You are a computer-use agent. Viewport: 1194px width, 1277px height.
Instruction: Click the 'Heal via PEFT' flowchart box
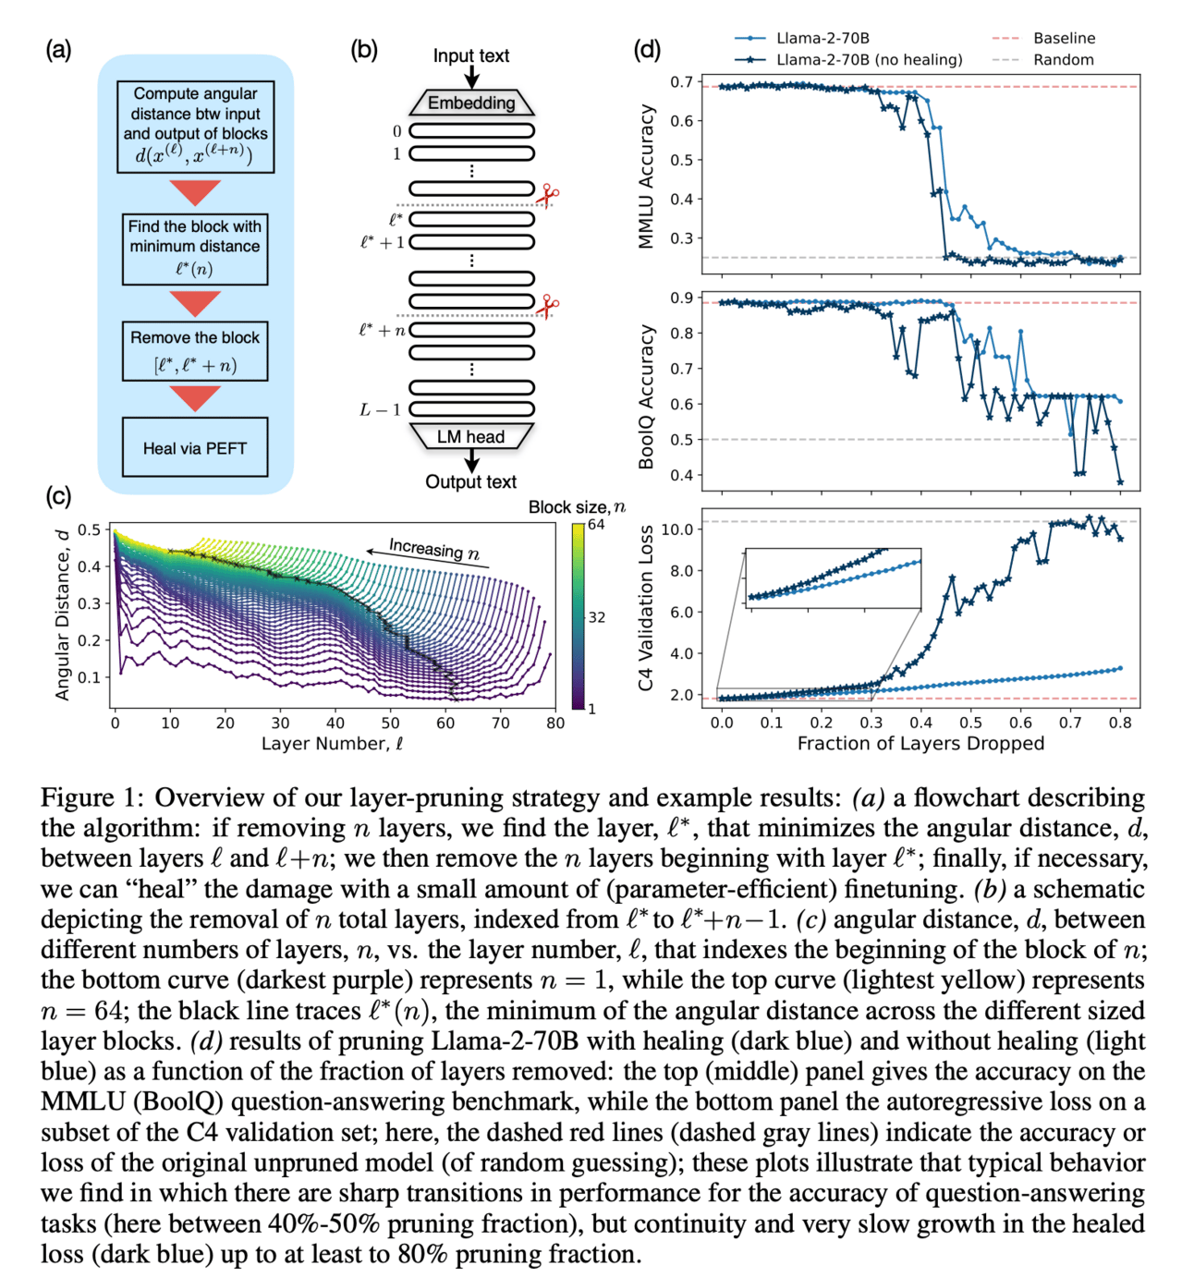click(195, 448)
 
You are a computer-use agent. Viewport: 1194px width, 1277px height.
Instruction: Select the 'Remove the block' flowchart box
click(195, 351)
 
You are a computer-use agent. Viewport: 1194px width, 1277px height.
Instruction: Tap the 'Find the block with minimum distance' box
click(195, 248)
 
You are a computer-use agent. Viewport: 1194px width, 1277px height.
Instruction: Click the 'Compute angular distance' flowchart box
click(195, 126)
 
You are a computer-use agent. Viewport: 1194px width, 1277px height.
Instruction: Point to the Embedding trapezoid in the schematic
click(471, 103)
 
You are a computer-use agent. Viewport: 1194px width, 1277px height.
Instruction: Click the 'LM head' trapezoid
click(471, 436)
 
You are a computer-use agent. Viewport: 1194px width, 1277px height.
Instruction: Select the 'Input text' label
click(471, 55)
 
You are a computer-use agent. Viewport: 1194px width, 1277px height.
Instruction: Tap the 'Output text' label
click(470, 481)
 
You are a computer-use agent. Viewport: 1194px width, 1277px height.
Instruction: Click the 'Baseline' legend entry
click(1064, 38)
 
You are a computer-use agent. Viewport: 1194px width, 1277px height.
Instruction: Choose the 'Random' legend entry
click(1063, 60)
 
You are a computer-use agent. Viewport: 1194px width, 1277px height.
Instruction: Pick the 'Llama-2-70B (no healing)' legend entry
click(869, 60)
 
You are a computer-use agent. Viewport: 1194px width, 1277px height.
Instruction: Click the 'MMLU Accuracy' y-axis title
click(646, 176)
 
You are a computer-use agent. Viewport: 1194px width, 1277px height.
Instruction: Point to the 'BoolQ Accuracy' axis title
click(646, 395)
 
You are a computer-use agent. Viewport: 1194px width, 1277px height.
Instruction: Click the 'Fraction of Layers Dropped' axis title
click(920, 744)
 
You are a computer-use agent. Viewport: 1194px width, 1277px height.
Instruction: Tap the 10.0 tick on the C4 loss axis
click(677, 529)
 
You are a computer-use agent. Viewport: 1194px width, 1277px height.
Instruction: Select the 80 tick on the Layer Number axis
click(554, 724)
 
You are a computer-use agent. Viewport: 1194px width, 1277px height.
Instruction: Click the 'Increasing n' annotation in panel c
click(433, 549)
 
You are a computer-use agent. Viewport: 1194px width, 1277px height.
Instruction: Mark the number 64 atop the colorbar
click(596, 525)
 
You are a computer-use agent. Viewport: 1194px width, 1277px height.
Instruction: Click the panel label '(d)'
click(647, 49)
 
